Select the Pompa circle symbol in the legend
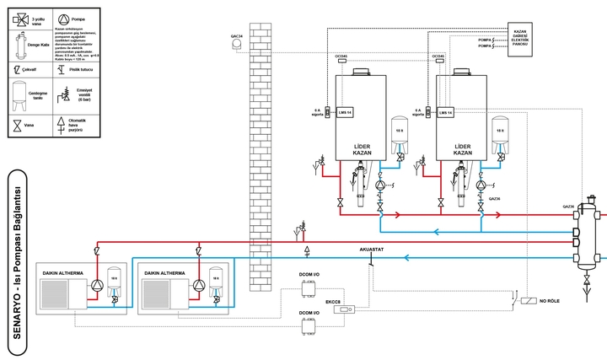pos(65,18)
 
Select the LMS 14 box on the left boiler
pos(343,111)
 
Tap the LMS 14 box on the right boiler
pos(445,111)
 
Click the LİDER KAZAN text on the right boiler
pos(463,149)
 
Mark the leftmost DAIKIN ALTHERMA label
pos(65,274)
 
